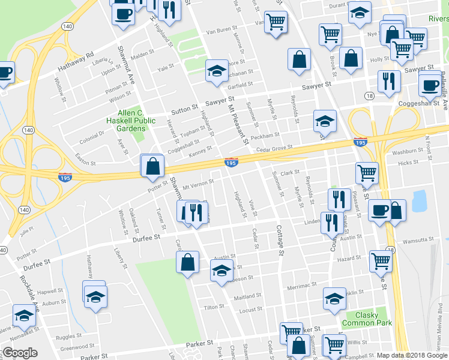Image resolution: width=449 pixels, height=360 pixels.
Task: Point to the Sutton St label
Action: coord(185,110)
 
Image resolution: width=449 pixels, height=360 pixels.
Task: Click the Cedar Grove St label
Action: coord(274,148)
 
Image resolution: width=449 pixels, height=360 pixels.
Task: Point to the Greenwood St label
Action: coord(75,347)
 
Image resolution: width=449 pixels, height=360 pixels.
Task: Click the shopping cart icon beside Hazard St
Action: coord(381,261)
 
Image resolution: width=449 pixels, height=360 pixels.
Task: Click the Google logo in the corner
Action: coord(20,353)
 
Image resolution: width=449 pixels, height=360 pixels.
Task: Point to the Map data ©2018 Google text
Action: coord(412,355)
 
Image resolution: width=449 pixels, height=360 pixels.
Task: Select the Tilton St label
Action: coord(214,307)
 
